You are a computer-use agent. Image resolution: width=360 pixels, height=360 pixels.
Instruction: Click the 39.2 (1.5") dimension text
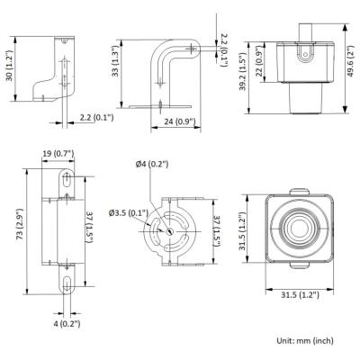243,71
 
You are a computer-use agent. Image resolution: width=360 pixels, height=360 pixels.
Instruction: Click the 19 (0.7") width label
58,154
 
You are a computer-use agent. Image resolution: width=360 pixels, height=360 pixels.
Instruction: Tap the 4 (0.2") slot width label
67,324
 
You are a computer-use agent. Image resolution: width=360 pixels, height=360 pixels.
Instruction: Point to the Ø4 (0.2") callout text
152,164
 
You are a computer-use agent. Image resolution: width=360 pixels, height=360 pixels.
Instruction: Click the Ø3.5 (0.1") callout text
129,213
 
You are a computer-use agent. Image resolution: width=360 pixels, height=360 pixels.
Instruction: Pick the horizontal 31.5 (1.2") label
300,295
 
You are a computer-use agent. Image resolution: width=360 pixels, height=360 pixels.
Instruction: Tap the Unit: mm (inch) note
305,340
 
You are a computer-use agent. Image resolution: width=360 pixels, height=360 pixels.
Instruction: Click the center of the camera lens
300,229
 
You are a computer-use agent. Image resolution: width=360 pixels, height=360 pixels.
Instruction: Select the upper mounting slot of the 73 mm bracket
66,180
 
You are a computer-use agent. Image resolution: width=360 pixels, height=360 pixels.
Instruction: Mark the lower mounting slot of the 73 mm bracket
67,283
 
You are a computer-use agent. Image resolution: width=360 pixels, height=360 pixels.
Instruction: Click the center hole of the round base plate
170,231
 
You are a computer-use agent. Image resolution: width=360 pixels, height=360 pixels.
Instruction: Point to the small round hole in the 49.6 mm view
305,55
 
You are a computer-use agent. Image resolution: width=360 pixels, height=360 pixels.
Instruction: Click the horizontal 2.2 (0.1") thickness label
96,117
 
